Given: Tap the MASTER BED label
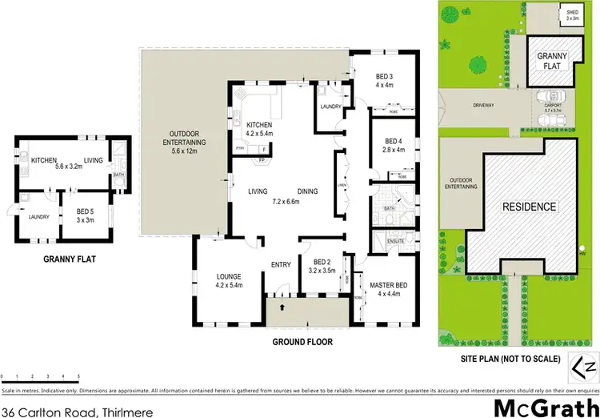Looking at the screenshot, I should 389,284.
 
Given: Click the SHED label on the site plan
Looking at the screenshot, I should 573,12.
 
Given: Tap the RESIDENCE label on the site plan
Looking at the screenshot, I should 529,207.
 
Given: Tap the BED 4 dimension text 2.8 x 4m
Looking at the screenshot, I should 394,149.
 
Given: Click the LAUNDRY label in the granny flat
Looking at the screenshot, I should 38,216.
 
